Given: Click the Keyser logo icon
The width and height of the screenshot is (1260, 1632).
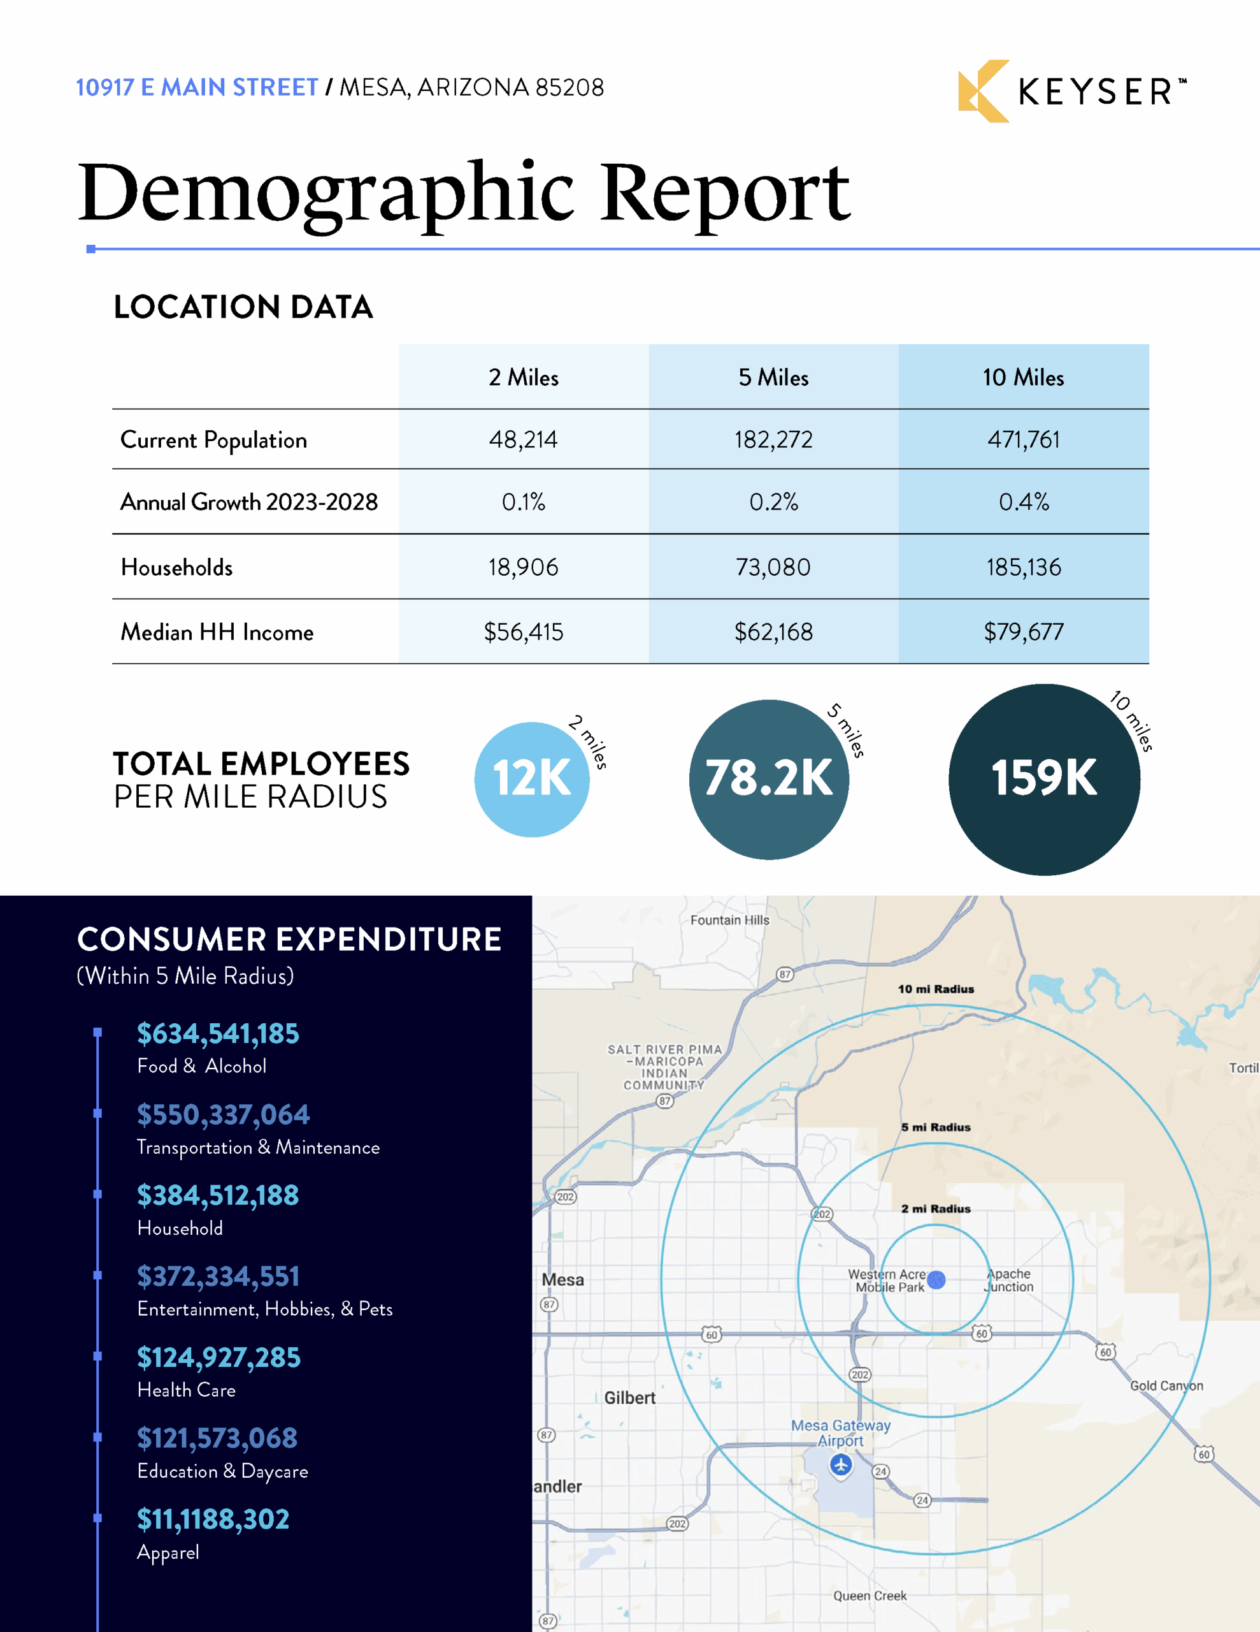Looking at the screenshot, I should click(983, 91).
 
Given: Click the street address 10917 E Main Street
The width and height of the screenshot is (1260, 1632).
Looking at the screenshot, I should click(197, 87).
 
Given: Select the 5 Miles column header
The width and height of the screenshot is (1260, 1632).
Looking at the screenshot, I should click(773, 377).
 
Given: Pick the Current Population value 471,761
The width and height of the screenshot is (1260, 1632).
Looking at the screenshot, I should click(1023, 439).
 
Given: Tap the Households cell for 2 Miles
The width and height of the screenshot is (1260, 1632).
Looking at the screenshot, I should click(523, 567).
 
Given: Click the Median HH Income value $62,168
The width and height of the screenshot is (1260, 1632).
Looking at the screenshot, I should click(773, 632).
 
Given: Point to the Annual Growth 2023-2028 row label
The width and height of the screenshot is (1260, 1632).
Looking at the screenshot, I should click(248, 502).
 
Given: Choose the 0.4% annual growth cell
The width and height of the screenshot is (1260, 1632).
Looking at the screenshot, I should click(1023, 502).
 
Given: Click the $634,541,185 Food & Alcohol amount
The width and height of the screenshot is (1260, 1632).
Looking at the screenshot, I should click(218, 1033).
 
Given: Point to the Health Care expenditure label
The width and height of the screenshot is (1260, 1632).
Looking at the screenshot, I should click(186, 1390).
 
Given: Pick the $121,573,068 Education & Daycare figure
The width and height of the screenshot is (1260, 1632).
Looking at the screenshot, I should click(217, 1438).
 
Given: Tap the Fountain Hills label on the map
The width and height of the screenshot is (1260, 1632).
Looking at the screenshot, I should click(729, 920).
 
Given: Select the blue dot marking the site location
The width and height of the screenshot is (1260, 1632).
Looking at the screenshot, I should click(936, 1280).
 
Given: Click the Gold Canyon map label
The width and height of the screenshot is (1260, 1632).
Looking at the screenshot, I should click(1166, 1385).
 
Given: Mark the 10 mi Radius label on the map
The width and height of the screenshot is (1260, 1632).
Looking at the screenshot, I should click(936, 989).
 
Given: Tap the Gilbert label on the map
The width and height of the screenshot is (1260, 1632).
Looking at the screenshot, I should click(629, 1397).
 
